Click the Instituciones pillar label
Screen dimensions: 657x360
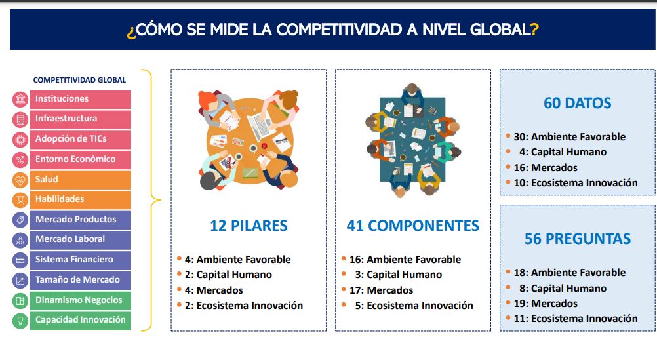[x=62, y=99]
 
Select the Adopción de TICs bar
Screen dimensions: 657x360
[x=81, y=139]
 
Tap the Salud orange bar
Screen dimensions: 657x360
[x=81, y=180]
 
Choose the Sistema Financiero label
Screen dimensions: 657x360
[x=74, y=260]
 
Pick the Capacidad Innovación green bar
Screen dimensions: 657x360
[x=81, y=320]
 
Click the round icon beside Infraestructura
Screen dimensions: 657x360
[x=20, y=119]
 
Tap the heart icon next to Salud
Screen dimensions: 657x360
[x=20, y=180]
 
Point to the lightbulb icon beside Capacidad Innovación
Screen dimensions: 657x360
[x=20, y=321]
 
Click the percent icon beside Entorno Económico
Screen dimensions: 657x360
[x=20, y=160]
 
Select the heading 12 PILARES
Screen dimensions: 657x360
[x=249, y=226]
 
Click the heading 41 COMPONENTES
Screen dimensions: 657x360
[x=412, y=226]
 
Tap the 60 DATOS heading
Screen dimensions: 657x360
[x=578, y=103]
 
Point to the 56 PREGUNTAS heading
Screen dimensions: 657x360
[x=578, y=239]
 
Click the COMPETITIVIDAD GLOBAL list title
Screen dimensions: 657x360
[x=79, y=80]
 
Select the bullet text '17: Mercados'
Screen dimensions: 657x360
[x=382, y=290]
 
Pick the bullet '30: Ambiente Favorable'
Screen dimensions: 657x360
[x=569, y=136]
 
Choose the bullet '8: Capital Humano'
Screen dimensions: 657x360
[x=563, y=289]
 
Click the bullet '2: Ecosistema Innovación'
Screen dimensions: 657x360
[x=244, y=306]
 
